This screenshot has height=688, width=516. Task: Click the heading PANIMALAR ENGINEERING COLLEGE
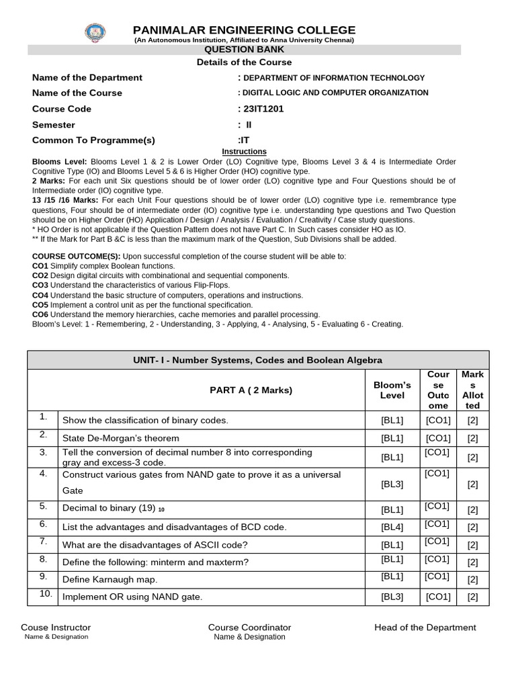(x=244, y=30)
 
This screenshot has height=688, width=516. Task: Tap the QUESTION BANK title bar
(x=244, y=50)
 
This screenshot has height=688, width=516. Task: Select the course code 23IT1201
(x=259, y=109)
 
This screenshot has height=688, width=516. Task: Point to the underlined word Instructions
(x=244, y=152)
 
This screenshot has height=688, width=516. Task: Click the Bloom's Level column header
(x=392, y=390)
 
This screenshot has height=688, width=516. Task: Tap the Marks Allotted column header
(x=472, y=390)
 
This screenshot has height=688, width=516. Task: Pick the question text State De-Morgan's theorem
(x=121, y=438)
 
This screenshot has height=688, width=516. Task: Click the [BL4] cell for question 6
(x=392, y=527)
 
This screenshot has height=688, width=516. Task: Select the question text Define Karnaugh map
(x=110, y=579)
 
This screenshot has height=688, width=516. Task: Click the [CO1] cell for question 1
(x=438, y=420)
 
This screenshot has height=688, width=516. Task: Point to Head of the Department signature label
(x=425, y=628)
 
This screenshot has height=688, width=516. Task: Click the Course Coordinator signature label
(x=249, y=628)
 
